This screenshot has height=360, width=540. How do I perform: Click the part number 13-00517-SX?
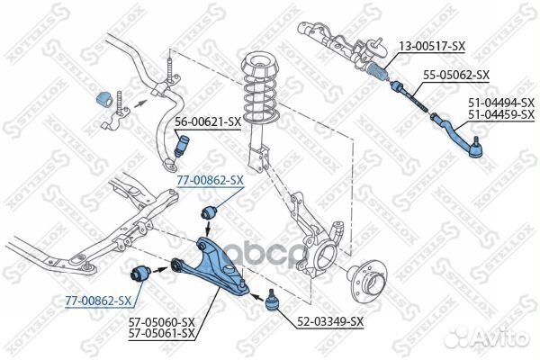click(432, 46)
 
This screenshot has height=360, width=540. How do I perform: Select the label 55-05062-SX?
click(456, 75)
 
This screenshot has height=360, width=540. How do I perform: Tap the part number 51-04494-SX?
click(501, 103)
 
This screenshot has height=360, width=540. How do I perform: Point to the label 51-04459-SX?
click(501, 114)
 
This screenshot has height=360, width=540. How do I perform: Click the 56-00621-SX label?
click(208, 122)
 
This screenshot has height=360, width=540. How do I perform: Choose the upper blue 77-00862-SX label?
click(210, 180)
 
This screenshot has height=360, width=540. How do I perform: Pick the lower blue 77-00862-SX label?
click(98, 301)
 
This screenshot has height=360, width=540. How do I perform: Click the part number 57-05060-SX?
click(162, 322)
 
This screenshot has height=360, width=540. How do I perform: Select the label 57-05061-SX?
click(162, 334)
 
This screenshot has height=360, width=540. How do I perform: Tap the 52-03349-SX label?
click(330, 322)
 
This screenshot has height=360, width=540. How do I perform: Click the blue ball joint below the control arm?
click(273, 301)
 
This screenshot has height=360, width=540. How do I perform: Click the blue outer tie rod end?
click(457, 137)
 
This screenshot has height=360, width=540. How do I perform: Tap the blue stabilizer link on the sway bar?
click(182, 144)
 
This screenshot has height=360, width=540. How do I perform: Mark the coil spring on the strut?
click(261, 97)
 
